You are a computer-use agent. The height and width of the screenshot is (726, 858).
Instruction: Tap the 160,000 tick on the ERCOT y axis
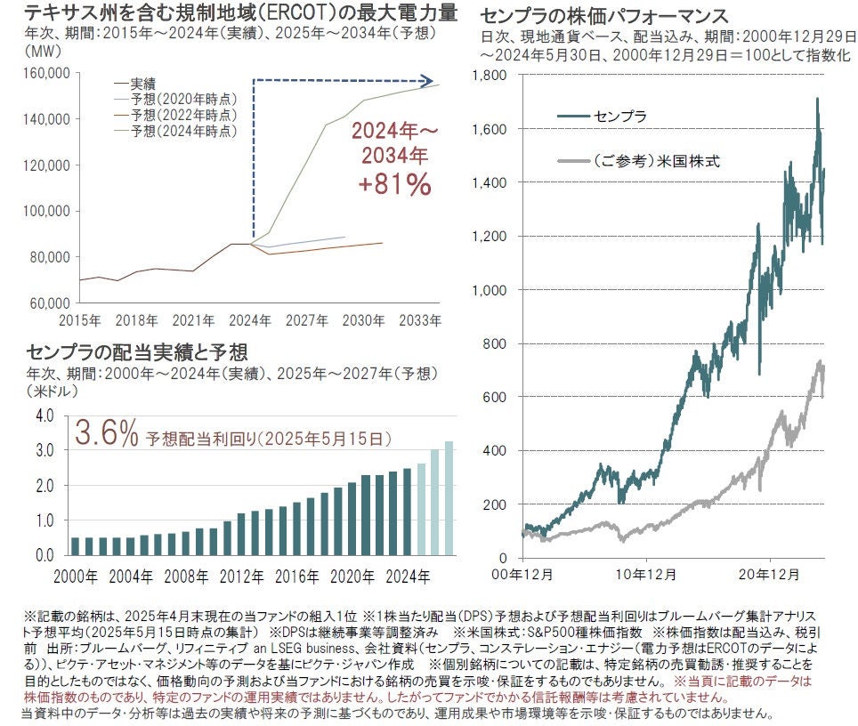coord(45,73)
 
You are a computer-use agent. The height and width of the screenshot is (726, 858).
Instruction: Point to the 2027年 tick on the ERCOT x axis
coord(308,319)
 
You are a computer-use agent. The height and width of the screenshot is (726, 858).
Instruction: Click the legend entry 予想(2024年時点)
coord(183,131)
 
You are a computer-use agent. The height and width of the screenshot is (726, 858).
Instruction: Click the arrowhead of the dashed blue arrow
coord(430,80)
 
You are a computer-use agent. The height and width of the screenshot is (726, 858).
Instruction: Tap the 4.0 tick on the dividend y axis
coord(45,415)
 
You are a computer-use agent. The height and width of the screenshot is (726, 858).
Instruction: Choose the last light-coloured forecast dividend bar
coord(449,497)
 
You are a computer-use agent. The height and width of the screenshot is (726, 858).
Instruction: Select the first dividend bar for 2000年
coord(76,545)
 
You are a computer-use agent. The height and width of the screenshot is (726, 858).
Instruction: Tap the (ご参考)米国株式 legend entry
coord(655,162)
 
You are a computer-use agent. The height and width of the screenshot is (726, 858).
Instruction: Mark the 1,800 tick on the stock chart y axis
coord(491,76)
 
